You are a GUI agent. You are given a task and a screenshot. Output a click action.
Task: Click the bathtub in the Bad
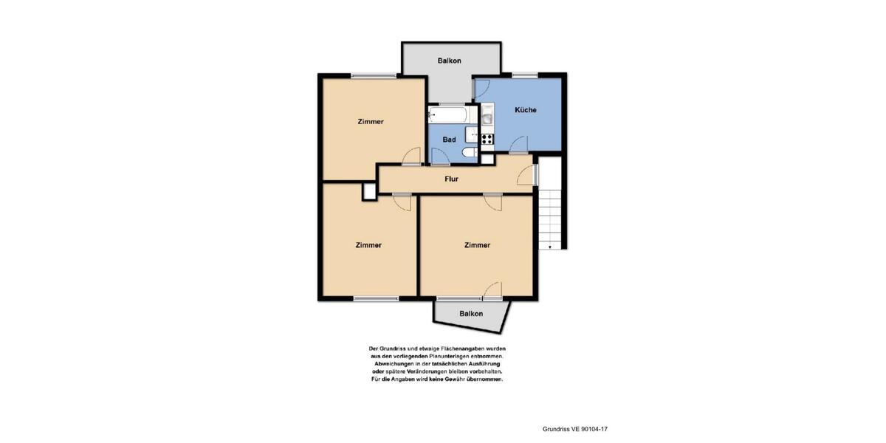pyautogui.click(x=446, y=114)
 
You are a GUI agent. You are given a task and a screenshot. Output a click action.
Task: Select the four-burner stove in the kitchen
pyautogui.click(x=487, y=137)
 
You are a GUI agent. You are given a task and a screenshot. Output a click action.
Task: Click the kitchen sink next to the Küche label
pyautogui.click(x=487, y=117)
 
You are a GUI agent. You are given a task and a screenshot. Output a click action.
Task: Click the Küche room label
pyautogui.click(x=525, y=110)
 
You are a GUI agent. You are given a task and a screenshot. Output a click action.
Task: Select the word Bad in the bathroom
pyautogui.click(x=449, y=139)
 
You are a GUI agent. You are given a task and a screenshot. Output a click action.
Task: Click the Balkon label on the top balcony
pyautogui.click(x=449, y=61)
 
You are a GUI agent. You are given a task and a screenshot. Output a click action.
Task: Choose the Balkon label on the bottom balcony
pyautogui.click(x=471, y=314)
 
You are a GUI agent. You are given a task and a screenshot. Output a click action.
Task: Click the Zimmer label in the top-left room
pyautogui.click(x=370, y=122)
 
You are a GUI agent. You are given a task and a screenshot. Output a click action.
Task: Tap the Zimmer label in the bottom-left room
pyautogui.click(x=368, y=245)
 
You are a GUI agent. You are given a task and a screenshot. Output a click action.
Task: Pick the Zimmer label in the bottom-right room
pyautogui.click(x=477, y=245)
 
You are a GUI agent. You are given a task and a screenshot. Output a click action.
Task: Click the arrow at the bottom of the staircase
pyautogui.click(x=550, y=247)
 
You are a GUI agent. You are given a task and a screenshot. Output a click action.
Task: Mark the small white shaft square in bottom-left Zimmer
pyautogui.click(x=368, y=191)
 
